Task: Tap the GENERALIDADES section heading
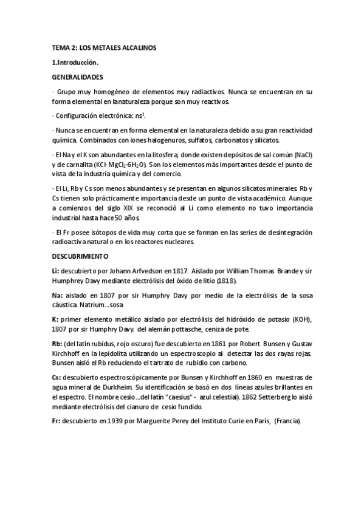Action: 77,77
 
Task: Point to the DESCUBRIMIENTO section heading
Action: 81,256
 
